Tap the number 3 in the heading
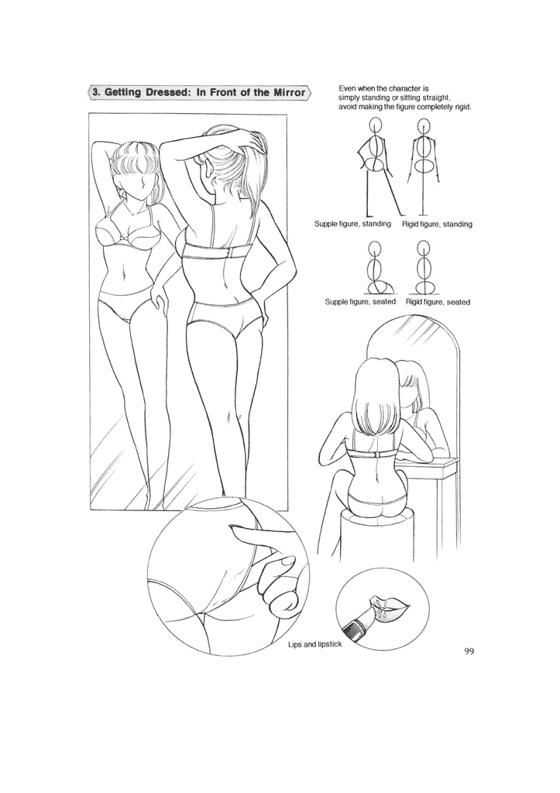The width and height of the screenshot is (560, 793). pos(95,92)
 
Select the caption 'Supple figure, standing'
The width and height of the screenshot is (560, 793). pos(352,224)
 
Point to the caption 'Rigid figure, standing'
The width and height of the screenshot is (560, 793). pos(437,224)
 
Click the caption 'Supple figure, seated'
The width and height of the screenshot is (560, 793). pos(360,301)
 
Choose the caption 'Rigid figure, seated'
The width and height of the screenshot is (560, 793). pos(438,301)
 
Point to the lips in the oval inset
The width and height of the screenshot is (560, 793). pos(387,602)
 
